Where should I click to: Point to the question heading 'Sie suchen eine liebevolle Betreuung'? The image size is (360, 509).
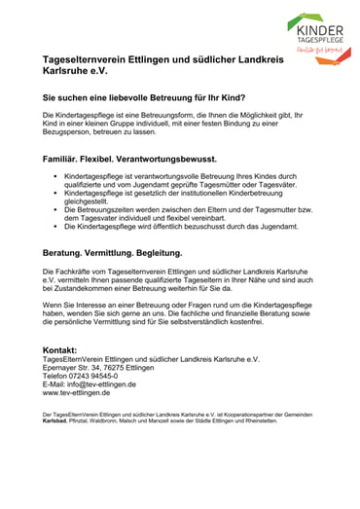pos(143,98)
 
